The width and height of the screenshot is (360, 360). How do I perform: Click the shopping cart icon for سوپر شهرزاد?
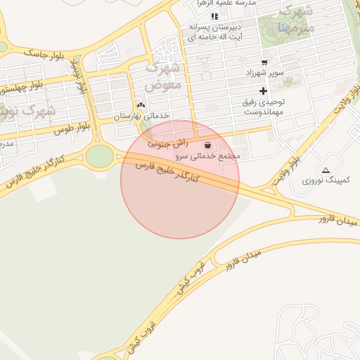pos(264,62)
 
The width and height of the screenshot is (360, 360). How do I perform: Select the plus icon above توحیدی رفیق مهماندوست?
pos(264,91)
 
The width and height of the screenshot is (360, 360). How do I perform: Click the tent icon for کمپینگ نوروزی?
pos(326,170)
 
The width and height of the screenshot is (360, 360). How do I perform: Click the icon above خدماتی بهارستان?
pos(141,105)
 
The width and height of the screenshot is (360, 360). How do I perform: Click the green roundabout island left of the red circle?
pos(100,156)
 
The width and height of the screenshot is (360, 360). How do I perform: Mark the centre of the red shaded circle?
pos(180,179)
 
